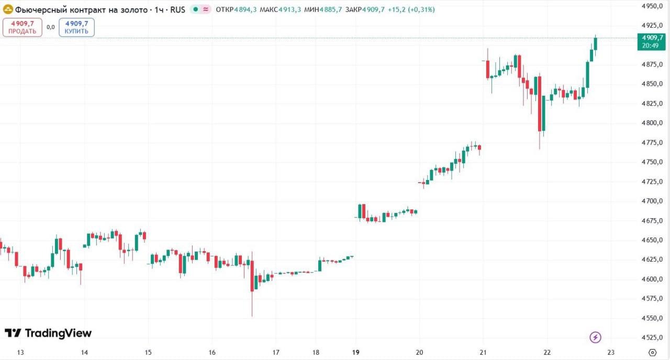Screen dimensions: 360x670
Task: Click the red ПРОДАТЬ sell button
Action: coord(23,27)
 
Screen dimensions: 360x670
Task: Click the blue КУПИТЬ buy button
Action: coord(76,27)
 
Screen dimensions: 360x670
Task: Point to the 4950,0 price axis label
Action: coord(652,6)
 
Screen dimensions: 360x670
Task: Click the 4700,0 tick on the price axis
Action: coord(652,201)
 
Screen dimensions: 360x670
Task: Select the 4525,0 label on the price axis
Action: coord(652,337)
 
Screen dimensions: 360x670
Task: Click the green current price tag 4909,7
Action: coord(651,41)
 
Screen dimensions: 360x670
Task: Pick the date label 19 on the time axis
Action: coord(356,352)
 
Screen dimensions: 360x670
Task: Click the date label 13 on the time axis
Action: coord(20,352)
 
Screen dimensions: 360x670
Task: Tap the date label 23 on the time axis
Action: coord(611,352)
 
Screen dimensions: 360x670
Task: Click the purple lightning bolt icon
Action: coord(596,337)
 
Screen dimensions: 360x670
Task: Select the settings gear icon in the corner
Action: coord(652,352)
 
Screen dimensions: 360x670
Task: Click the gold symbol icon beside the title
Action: coord(8,9)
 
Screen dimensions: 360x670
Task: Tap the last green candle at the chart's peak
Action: coord(595,43)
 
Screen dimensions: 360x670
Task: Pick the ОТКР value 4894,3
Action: coord(244,9)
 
